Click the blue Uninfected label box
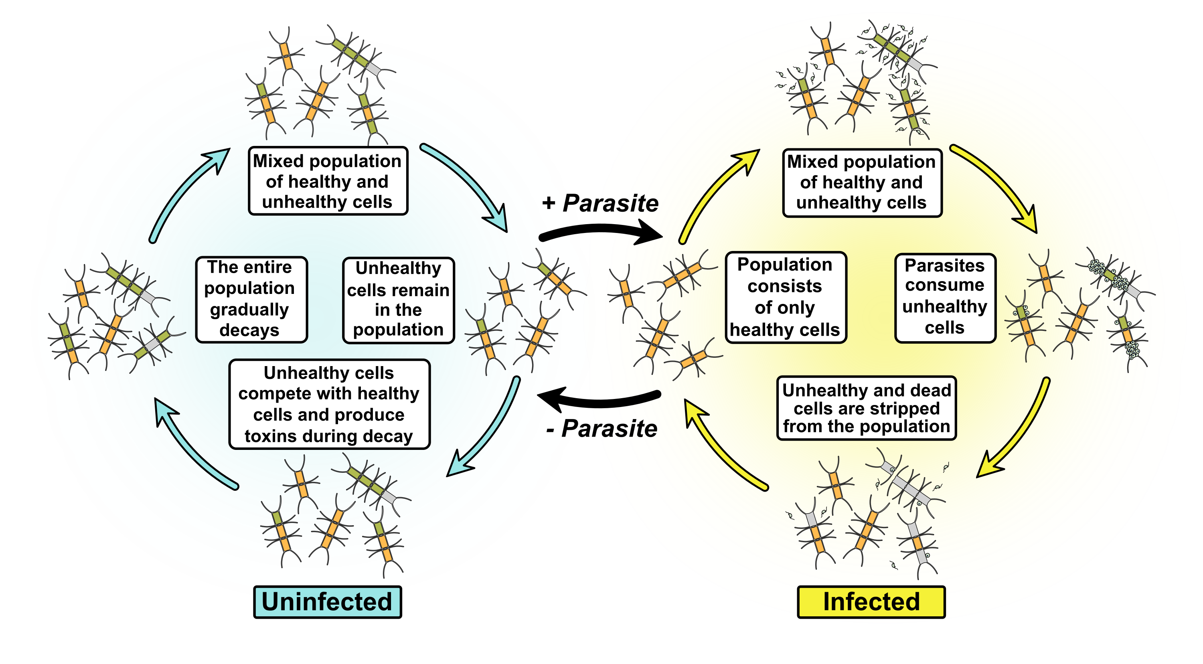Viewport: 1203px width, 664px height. click(327, 601)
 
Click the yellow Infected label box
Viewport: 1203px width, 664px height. click(871, 601)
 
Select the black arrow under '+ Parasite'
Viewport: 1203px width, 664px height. click(600, 232)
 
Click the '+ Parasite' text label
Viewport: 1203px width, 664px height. click(600, 203)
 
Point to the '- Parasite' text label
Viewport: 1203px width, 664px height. click(601, 428)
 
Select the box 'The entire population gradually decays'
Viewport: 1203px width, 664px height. click(251, 299)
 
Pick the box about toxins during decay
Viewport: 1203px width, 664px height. click(329, 404)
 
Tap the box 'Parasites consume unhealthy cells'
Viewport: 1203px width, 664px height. click(945, 298)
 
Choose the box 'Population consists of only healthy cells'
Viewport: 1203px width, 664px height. click(786, 298)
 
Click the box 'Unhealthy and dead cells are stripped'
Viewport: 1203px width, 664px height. click(866, 408)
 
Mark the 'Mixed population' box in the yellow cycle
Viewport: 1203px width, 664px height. click(862, 182)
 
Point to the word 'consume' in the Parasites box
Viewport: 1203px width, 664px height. click(944, 285)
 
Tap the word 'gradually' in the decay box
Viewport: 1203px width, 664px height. click(249, 310)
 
